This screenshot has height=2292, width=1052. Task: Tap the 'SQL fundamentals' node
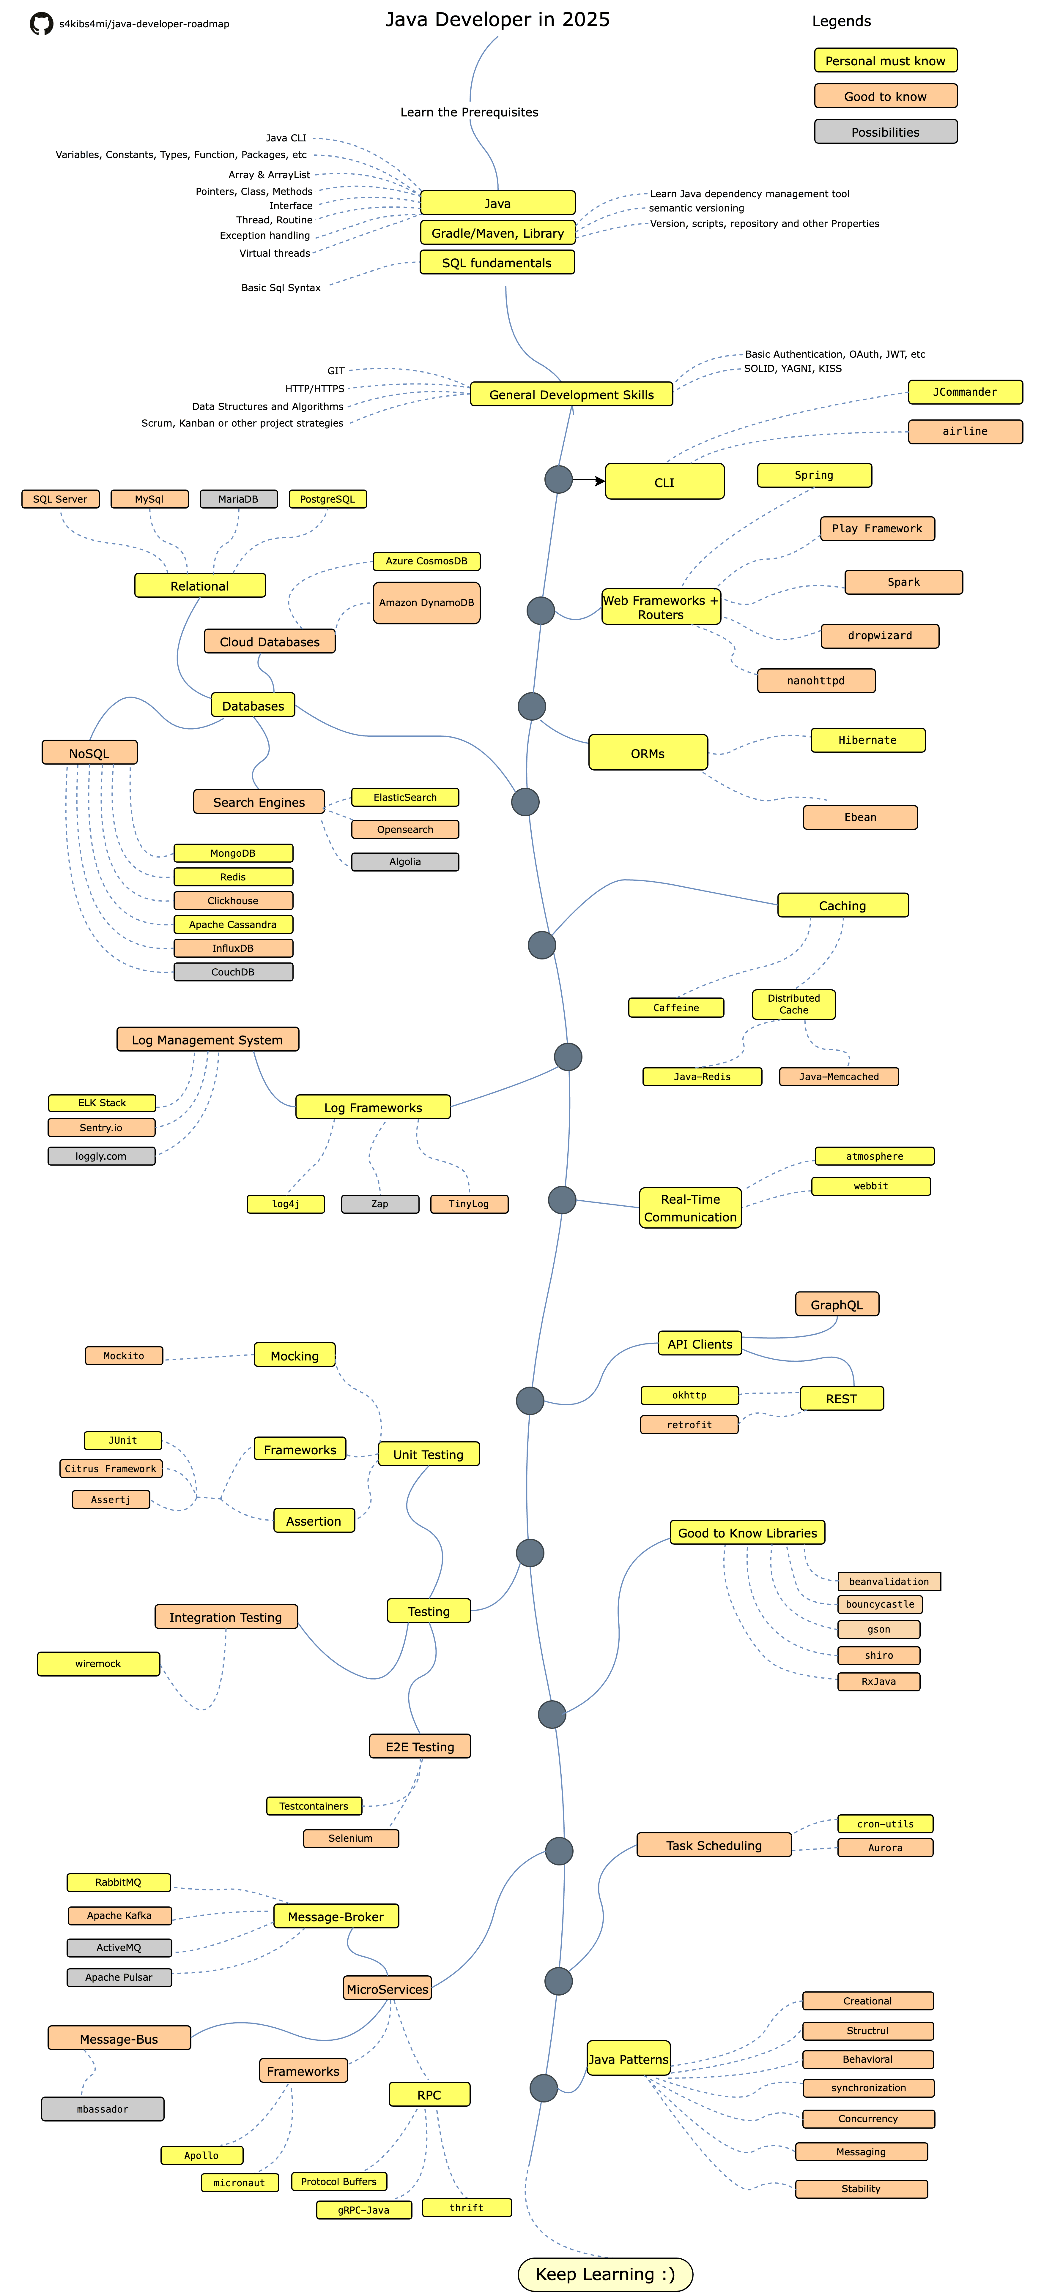497,263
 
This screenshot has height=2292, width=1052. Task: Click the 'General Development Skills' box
571,394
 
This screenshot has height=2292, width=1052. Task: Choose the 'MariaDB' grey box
239,499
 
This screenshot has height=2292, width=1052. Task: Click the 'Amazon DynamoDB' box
426,602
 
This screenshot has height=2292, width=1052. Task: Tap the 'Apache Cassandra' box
233,924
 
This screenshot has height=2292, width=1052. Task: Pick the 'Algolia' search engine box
405,861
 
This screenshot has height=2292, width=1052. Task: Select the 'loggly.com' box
101,1156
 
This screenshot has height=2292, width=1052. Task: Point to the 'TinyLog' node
469,1204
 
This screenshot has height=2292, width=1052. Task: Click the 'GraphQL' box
837,1304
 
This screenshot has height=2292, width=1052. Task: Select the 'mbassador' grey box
102,2109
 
